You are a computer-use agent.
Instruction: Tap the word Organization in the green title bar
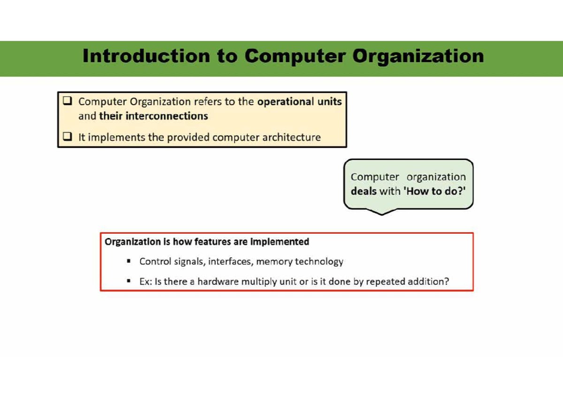pyautogui.click(x=418, y=56)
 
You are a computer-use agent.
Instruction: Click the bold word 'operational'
pyautogui.click(x=285, y=101)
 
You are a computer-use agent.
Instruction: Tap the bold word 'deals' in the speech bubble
pyautogui.click(x=364, y=192)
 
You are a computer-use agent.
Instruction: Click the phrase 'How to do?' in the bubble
pyautogui.click(x=435, y=192)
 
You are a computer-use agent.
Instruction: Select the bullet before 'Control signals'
pyautogui.click(x=128, y=261)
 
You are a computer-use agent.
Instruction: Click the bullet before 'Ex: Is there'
pyautogui.click(x=128, y=282)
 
